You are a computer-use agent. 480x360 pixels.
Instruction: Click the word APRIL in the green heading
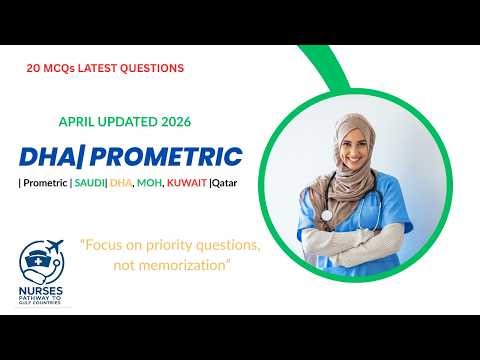82,122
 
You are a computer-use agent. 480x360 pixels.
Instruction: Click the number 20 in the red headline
34,68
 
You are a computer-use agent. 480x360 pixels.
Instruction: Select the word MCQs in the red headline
62,68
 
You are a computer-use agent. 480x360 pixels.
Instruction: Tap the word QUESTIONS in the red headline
150,68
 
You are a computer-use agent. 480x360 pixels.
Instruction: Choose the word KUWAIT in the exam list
187,183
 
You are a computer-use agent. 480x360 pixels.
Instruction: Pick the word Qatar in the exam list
225,183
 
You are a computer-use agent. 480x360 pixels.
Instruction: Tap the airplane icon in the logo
55,246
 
